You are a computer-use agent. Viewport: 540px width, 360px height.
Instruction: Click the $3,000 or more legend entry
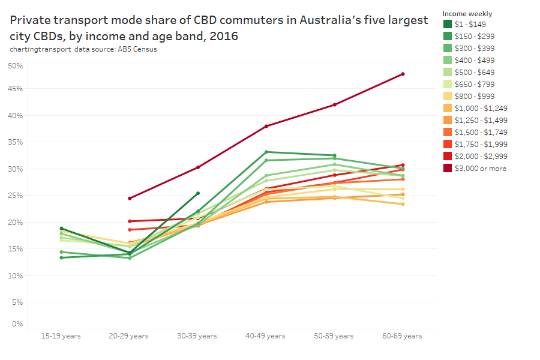480,169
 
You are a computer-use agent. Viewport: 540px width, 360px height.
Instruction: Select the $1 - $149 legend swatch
448,24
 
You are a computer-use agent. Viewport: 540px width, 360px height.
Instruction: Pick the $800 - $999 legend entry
474,96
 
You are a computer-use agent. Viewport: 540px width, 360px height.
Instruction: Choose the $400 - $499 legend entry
474,60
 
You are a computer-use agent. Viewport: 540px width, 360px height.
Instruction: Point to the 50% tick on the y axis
16,65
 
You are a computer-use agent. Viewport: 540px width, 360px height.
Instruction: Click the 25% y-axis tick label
16,196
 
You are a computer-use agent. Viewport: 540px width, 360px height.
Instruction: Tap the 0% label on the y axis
17,324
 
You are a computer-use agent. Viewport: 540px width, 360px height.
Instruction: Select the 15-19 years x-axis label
61,336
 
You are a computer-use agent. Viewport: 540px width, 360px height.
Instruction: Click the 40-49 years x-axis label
266,336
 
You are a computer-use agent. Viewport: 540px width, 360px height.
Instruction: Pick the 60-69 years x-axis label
403,336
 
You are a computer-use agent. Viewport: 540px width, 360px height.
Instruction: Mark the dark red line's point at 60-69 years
403,74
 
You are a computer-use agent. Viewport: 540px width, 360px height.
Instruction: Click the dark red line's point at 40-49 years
266,126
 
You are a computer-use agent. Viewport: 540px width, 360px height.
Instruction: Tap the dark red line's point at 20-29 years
130,198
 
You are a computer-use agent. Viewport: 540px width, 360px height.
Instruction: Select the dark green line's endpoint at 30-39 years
198,193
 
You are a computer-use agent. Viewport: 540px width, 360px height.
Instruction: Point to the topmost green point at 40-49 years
266,152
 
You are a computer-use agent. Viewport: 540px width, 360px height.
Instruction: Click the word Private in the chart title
30,20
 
